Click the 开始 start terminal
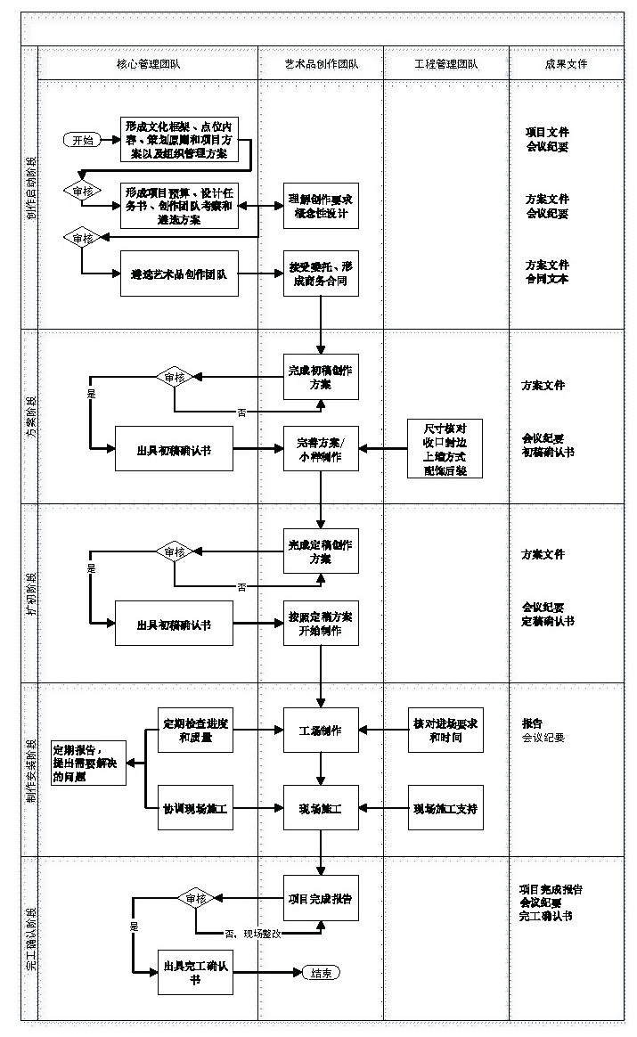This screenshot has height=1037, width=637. click(x=82, y=140)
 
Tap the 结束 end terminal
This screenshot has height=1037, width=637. click(x=321, y=973)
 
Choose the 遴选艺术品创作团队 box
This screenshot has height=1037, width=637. click(x=179, y=274)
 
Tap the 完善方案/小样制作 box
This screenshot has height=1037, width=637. click(x=321, y=448)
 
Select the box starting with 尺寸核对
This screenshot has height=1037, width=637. click(x=445, y=448)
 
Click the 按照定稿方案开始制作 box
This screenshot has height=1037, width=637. click(x=321, y=624)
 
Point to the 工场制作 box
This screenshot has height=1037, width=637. click(x=321, y=731)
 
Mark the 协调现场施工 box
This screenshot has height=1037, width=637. click(x=194, y=809)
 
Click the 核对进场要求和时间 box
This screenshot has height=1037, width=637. click(x=445, y=731)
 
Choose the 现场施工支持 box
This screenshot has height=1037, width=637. click(x=445, y=809)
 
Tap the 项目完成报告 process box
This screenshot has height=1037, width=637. click(x=321, y=899)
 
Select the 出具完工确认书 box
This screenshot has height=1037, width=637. click(x=194, y=973)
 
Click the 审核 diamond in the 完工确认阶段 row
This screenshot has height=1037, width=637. click(x=194, y=899)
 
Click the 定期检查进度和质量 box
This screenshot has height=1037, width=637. click(x=194, y=731)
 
